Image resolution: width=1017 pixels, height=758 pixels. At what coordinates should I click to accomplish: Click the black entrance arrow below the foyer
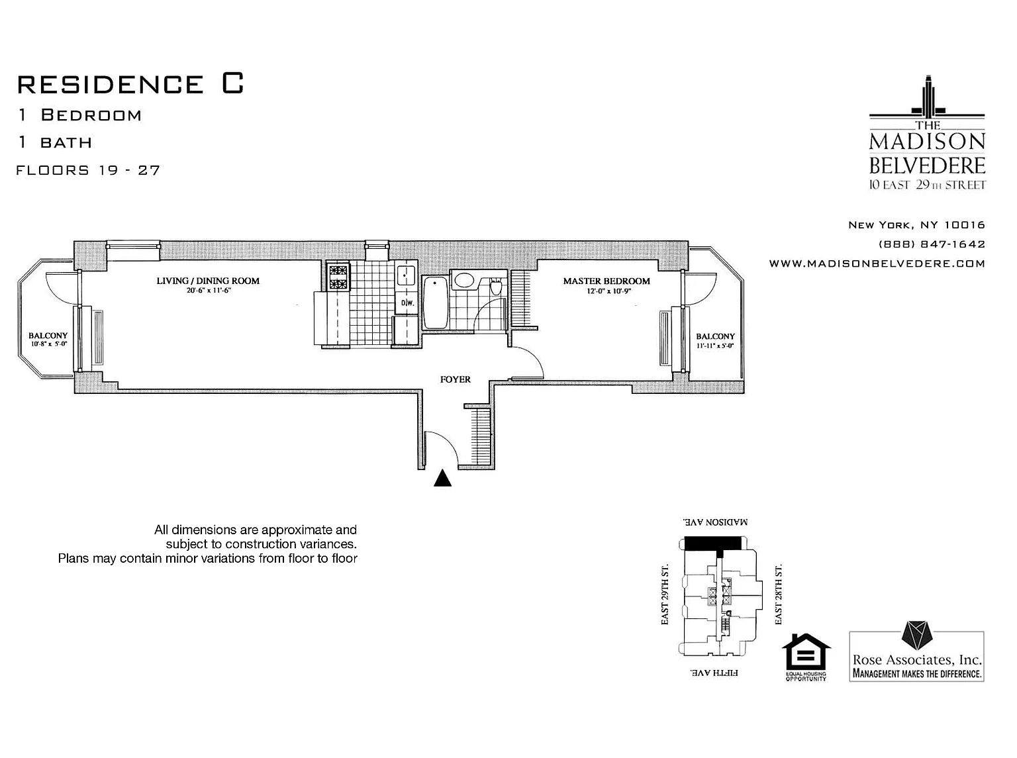(x=442, y=478)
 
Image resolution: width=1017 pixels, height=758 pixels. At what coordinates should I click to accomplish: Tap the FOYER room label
(x=455, y=379)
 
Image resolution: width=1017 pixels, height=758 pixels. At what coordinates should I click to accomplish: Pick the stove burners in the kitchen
(x=338, y=277)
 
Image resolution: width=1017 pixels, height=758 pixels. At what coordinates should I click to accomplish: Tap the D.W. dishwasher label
(x=407, y=303)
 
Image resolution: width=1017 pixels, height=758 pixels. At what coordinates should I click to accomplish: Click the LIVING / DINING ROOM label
(x=208, y=281)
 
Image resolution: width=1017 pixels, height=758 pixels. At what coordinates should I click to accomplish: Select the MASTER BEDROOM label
(x=606, y=281)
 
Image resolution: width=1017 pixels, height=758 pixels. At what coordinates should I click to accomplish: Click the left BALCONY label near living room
(x=48, y=336)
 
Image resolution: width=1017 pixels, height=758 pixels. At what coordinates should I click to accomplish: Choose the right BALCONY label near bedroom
(x=715, y=336)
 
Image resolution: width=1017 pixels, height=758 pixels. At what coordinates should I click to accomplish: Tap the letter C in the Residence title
(x=232, y=83)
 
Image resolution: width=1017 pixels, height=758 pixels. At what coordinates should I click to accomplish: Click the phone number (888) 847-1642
(x=932, y=244)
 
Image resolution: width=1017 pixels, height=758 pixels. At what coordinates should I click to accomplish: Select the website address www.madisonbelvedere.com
(x=877, y=263)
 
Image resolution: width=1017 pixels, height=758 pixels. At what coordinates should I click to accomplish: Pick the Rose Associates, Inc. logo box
(x=916, y=656)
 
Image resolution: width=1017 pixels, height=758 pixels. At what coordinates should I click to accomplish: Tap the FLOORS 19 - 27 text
(x=88, y=170)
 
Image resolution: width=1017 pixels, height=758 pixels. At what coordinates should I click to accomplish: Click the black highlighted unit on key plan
(x=712, y=543)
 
